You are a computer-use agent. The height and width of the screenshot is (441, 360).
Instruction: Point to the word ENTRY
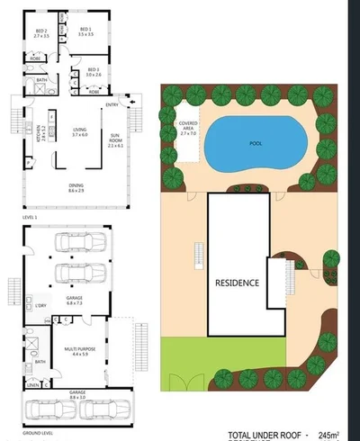[112, 105]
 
